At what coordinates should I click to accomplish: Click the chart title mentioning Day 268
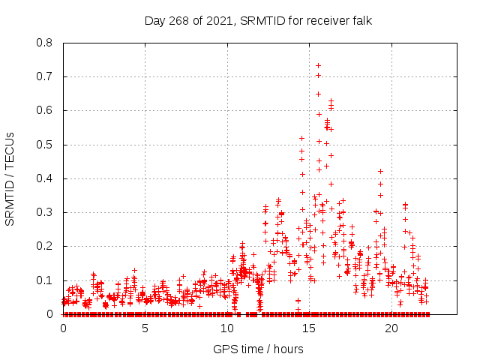(258, 21)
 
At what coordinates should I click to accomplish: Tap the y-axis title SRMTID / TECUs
(10, 178)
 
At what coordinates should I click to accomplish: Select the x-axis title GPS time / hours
(258, 349)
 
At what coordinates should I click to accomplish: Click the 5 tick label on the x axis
(145, 328)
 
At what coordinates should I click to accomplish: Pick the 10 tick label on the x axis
(227, 328)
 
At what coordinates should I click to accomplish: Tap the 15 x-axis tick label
(309, 328)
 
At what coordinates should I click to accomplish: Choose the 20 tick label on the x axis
(391, 328)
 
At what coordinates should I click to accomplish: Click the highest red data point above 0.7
(318, 65)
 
